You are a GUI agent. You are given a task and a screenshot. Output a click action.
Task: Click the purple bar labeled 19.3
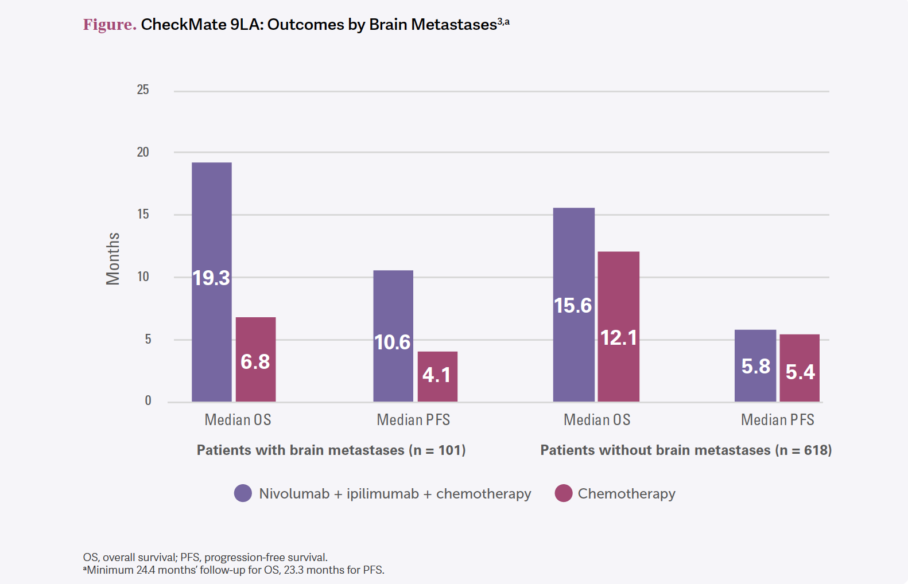coord(211,282)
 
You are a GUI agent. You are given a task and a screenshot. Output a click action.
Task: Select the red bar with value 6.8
coord(255,359)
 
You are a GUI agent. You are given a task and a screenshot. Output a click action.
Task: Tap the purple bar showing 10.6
coord(393,336)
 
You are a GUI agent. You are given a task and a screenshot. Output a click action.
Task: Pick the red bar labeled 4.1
coord(437,376)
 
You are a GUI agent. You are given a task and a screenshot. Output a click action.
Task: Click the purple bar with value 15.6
coord(573,305)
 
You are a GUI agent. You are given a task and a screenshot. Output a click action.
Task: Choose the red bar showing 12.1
coord(618,326)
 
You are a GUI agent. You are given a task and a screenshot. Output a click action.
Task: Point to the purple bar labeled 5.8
coord(755,365)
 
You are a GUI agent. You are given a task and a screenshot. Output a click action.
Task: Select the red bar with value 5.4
coord(800,368)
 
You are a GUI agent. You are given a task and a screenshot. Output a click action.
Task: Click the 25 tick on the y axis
coord(143,90)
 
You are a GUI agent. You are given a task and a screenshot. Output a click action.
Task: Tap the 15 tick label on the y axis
coord(143,215)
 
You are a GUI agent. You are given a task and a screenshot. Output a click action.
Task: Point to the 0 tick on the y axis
coord(148,401)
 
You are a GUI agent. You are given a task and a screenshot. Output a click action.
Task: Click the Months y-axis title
coord(113,259)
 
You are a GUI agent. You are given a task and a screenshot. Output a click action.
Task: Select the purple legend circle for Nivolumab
coord(243,493)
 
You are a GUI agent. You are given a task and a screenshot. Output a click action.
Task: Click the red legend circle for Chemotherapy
coord(564,493)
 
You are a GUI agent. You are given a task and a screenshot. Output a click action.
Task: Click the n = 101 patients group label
coord(331,450)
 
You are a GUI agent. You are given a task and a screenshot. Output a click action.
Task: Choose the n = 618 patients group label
coord(686,450)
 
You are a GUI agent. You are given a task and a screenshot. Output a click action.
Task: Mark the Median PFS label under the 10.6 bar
coord(413,420)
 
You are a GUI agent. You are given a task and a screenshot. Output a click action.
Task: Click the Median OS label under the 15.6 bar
coord(597,420)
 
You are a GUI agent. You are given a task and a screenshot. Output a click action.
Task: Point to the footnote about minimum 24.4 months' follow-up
coord(234,570)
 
